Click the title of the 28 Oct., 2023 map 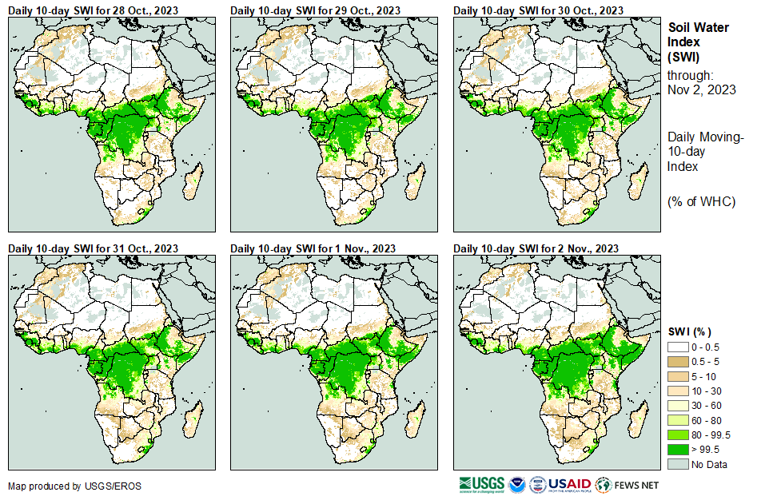point(93,10)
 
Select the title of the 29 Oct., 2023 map point(315,10)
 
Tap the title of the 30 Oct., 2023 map point(538,10)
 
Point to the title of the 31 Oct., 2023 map point(93,248)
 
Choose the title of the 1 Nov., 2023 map point(313,248)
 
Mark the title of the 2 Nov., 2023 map point(536,248)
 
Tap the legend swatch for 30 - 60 point(678,407)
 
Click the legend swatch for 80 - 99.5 point(678,435)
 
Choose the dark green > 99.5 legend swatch point(678,450)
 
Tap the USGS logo point(481,484)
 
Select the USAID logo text point(569,484)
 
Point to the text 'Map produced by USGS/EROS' point(64,486)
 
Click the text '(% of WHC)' point(701,201)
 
